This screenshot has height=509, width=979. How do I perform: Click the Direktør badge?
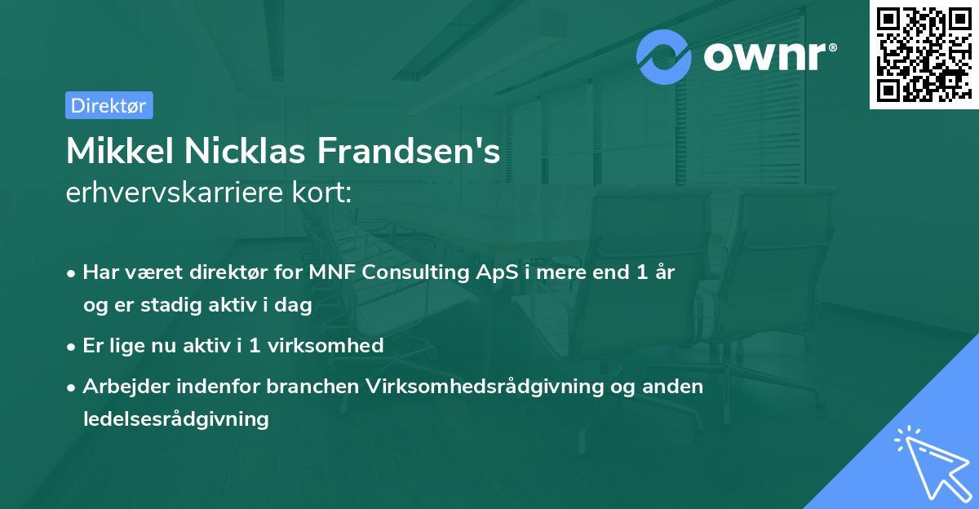109,105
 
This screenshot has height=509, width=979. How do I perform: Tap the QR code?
924,54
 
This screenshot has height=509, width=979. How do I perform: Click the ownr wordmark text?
769,56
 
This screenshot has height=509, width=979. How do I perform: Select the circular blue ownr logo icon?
664,56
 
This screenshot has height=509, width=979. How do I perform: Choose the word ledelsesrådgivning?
175,419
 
